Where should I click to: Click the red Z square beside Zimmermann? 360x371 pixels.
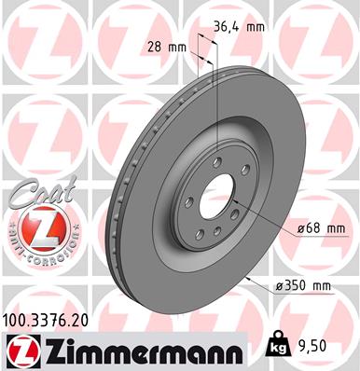(x=20, y=351)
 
